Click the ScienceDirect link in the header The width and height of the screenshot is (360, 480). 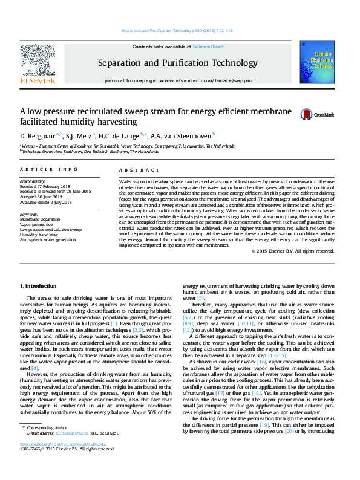click(x=208, y=47)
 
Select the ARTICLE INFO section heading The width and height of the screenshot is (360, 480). click(x=48, y=170)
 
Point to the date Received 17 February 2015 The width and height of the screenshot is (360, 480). click(x=45, y=186)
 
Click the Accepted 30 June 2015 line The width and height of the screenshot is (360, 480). click(x=41, y=196)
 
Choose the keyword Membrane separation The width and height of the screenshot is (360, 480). click(x=40, y=219)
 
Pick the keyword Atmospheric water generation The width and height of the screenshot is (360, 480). click(x=48, y=239)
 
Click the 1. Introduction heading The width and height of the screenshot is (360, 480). click(x=39, y=285)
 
